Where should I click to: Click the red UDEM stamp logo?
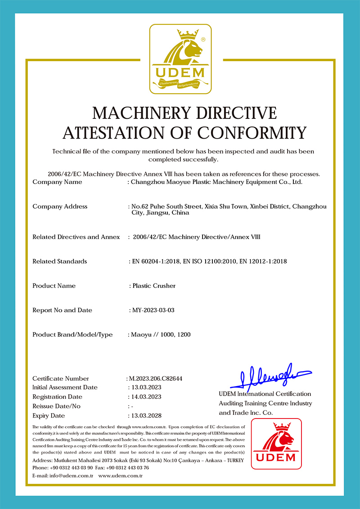[276, 444]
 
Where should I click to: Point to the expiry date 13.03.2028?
[145, 415]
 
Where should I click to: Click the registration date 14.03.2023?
[145, 396]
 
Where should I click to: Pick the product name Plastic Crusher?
[153, 286]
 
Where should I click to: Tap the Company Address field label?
[60, 207]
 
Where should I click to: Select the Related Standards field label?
[60, 261]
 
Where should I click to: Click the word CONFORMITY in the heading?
[252, 133]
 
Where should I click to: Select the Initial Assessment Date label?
[65, 387]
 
